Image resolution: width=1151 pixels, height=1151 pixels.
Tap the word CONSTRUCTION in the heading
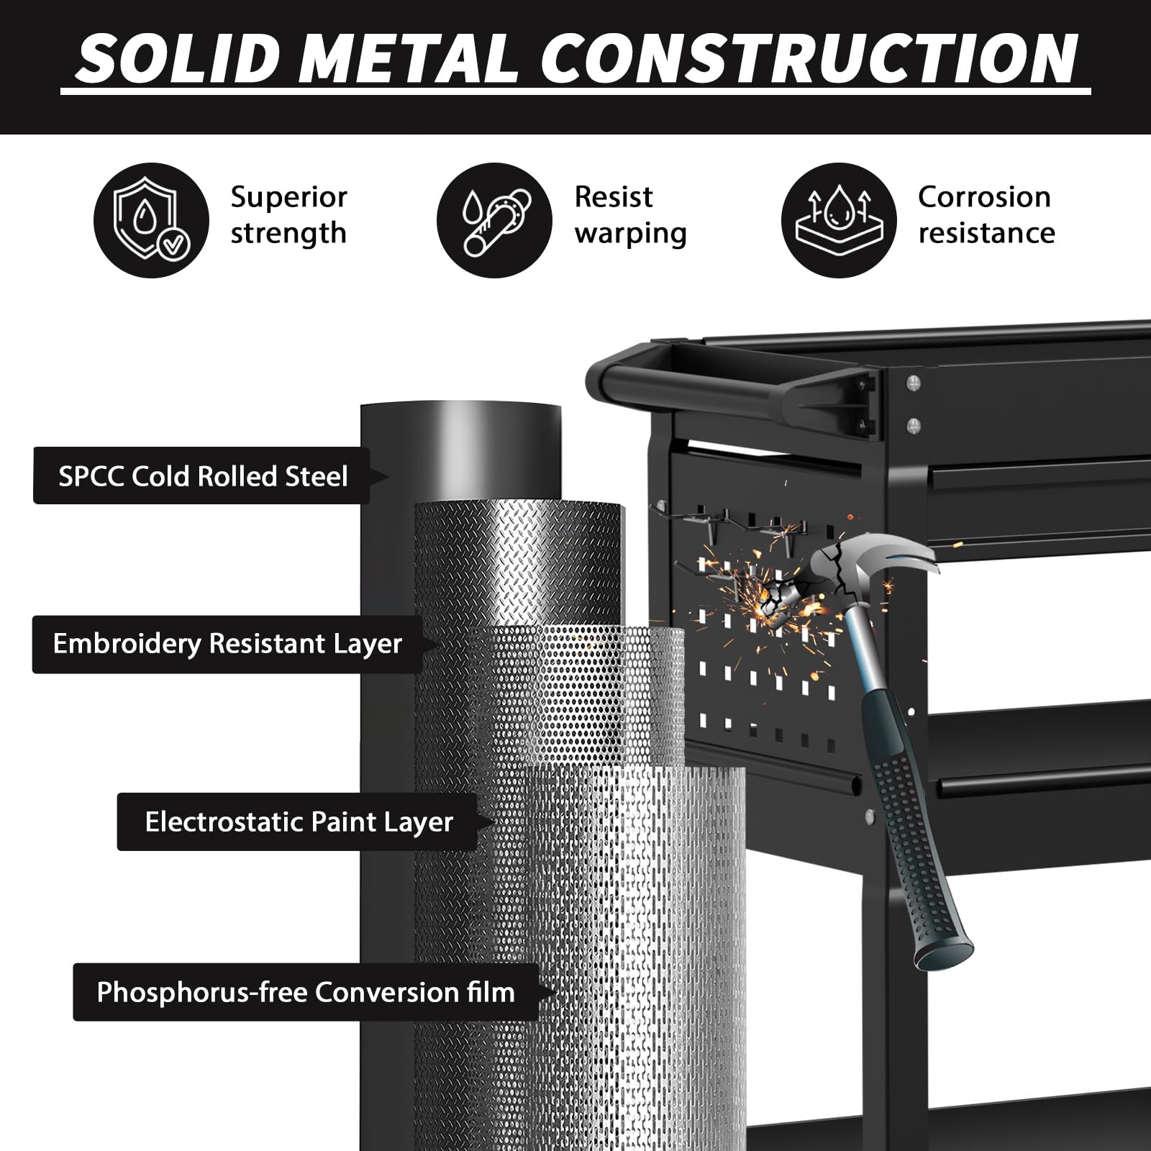pyautogui.click(x=809, y=58)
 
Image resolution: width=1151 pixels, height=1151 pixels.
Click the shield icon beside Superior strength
pyautogui.click(x=151, y=220)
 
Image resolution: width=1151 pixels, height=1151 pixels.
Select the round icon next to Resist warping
pyautogui.click(x=494, y=220)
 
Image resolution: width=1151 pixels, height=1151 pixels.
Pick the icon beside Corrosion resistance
pyautogui.click(x=839, y=220)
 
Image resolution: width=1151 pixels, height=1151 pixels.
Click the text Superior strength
pyautogui.click(x=288, y=214)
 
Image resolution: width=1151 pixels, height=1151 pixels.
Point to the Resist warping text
pyautogui.click(x=630, y=214)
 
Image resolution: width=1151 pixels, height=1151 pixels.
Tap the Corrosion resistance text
pyautogui.click(x=986, y=214)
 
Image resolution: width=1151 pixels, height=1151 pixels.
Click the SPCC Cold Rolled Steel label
pyautogui.click(x=202, y=476)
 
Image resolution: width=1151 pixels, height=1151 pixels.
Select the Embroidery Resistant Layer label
pyautogui.click(x=227, y=644)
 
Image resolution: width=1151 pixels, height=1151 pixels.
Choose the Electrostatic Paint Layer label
pyautogui.click(x=299, y=822)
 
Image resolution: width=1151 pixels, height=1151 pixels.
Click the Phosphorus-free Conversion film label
pyautogui.click(x=306, y=992)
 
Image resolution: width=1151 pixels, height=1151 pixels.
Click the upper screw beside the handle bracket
pyautogui.click(x=914, y=383)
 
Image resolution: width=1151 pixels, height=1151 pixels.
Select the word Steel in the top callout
pyautogui.click(x=317, y=476)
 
